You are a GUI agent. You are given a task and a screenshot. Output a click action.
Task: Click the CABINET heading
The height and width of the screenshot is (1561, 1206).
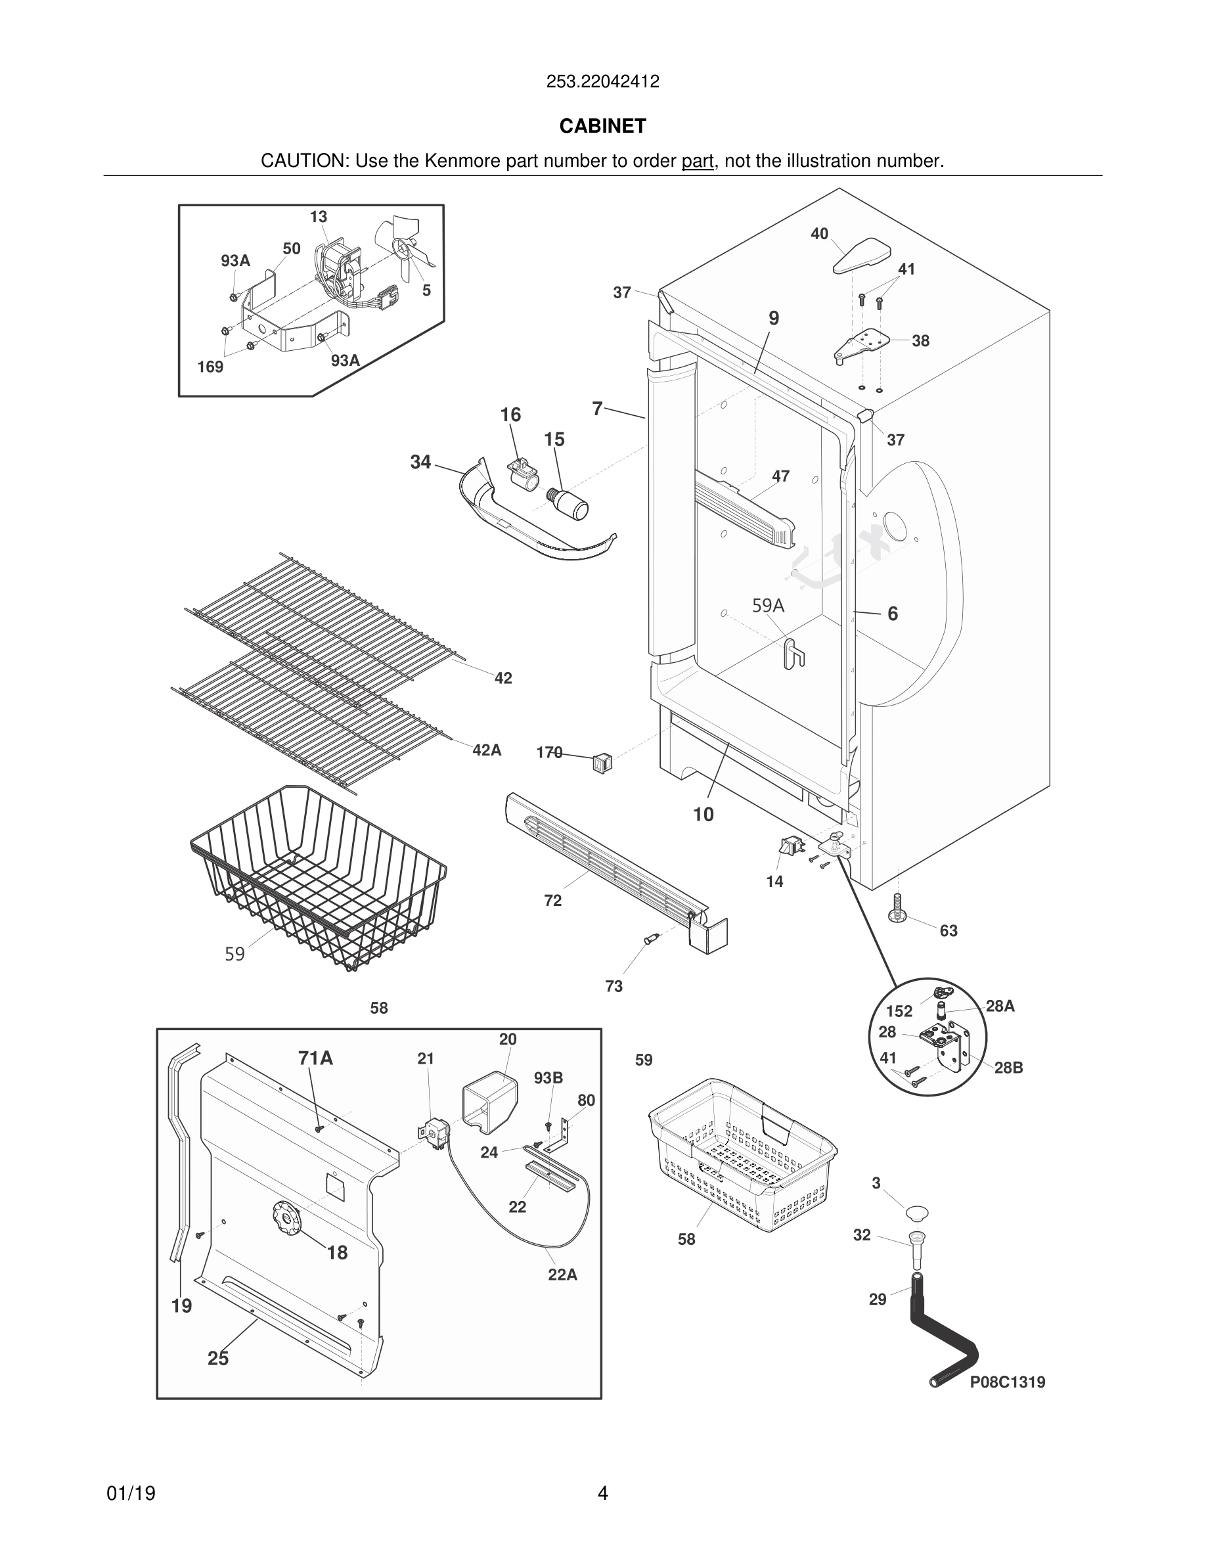602,125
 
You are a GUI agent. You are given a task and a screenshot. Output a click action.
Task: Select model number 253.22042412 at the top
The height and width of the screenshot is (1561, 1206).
602,81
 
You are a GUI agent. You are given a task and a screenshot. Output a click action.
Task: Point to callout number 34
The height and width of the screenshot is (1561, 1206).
420,463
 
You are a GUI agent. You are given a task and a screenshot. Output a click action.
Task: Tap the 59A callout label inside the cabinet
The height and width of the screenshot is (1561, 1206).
768,605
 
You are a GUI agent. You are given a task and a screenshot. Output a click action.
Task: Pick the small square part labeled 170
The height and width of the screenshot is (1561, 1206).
602,763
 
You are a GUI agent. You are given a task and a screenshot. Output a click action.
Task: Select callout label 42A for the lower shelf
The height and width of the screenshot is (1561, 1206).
487,750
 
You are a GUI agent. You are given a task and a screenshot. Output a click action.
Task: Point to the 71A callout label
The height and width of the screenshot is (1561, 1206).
316,1058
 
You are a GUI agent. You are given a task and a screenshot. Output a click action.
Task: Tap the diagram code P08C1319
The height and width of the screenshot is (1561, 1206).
1007,1382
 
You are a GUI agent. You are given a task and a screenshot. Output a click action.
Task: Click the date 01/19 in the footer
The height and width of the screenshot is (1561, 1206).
131,1493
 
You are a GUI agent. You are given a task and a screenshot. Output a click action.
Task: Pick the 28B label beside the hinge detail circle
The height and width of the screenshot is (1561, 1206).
1008,1068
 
